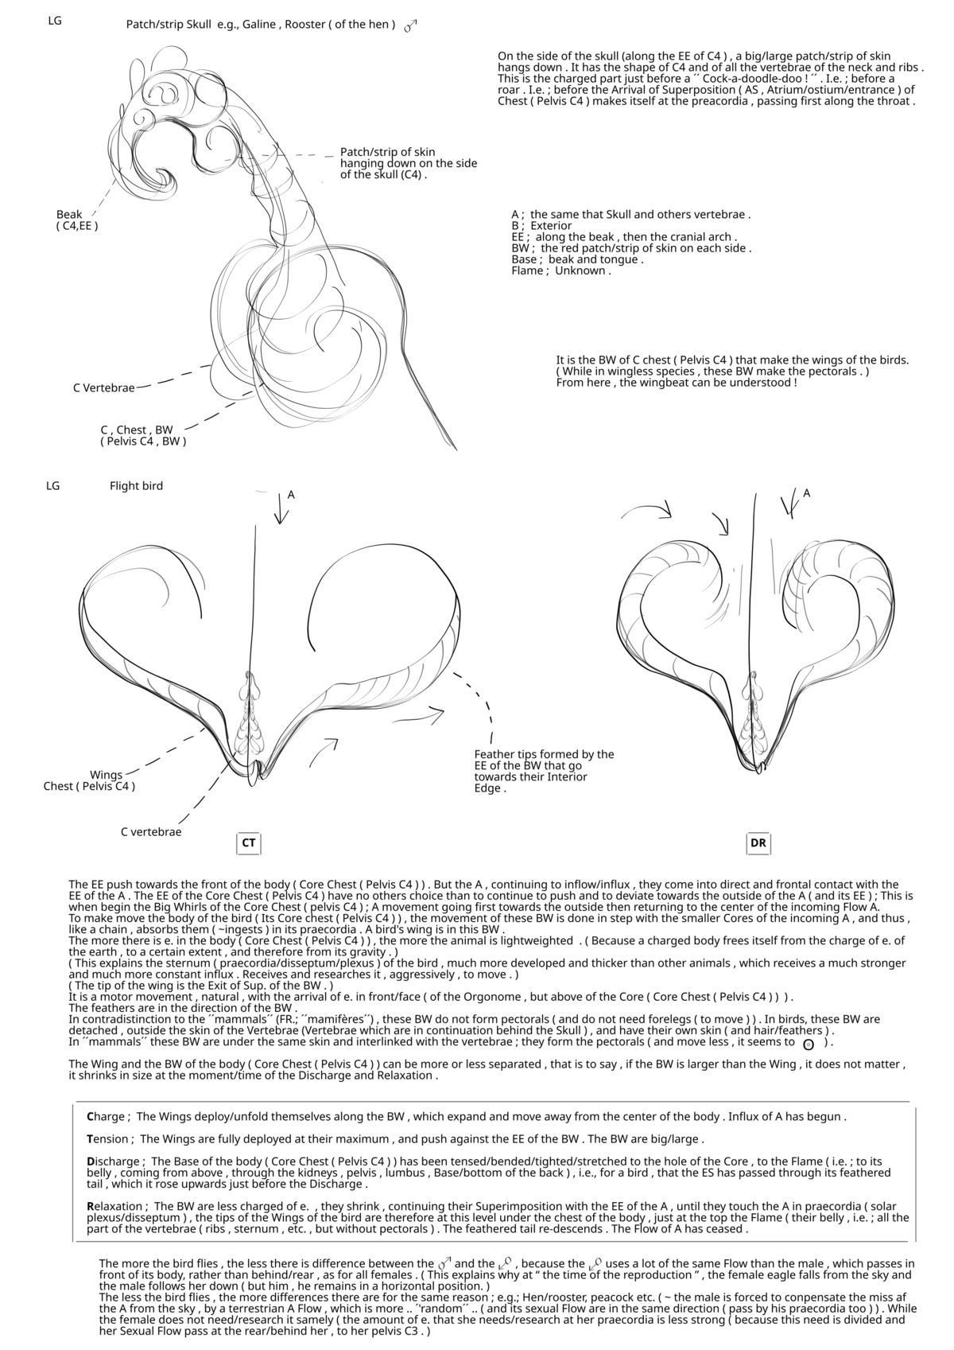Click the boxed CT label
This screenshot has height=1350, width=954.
pos(249,842)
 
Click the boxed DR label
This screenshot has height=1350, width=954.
pos(758,842)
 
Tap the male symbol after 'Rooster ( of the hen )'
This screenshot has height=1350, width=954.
pos(410,26)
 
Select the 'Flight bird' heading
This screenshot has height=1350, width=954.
pos(136,486)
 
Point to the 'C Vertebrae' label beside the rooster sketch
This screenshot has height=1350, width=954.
pos(103,388)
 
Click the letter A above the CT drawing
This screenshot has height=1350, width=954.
pos(291,495)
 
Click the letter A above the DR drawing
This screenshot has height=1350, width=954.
pos(806,493)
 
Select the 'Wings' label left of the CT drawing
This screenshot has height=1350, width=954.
pos(106,775)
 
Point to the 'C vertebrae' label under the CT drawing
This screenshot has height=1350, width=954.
pos(151,832)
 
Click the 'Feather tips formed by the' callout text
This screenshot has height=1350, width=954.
pos(544,754)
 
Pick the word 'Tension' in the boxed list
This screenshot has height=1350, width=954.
pos(110,1138)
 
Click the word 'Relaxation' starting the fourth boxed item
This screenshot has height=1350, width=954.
pos(115,1206)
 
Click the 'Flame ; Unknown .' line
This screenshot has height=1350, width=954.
pos(561,270)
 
